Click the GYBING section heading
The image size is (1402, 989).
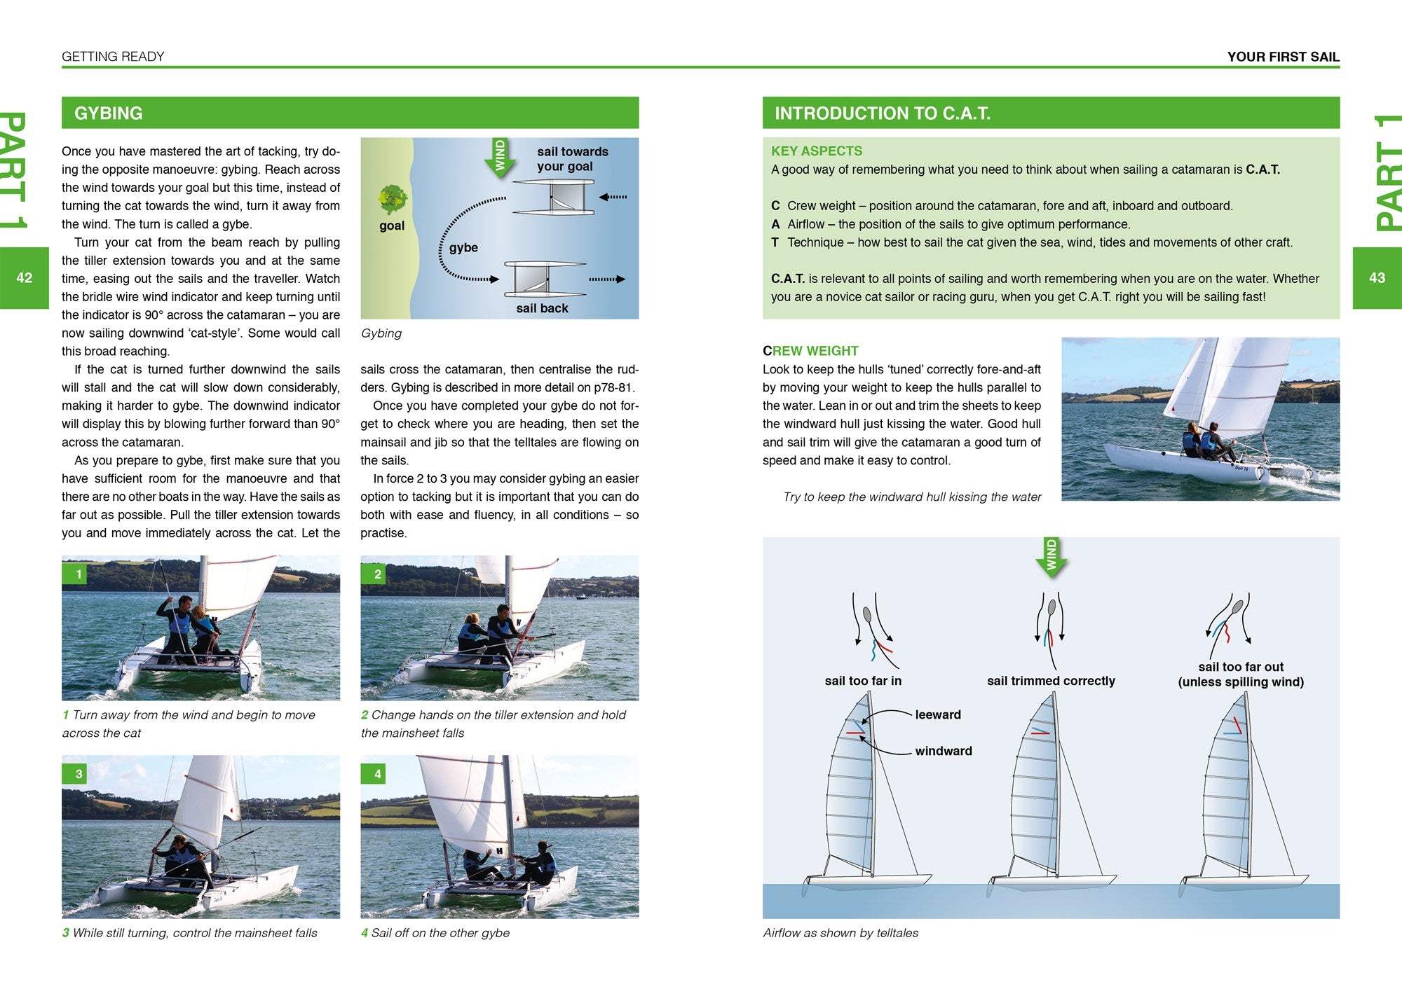(x=109, y=113)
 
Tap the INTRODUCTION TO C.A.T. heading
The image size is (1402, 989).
(x=882, y=113)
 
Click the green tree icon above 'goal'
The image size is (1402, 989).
(x=392, y=199)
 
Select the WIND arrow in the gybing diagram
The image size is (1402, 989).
(x=500, y=158)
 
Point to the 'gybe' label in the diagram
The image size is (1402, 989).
(x=463, y=248)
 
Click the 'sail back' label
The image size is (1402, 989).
(x=542, y=308)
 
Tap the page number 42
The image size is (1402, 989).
(x=25, y=278)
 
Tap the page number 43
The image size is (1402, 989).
(x=1377, y=278)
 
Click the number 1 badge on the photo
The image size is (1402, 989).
(x=79, y=574)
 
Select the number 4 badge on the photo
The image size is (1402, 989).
(x=377, y=774)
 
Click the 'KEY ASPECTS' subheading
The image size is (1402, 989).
(x=817, y=151)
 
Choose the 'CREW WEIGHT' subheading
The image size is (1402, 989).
(x=810, y=351)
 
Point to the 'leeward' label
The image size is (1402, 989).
(x=937, y=714)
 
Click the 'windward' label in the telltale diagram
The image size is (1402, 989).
(x=943, y=751)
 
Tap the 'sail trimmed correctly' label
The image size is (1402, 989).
(x=1050, y=681)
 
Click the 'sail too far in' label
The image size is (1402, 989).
(x=863, y=681)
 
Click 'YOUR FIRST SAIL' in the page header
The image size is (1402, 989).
(x=1283, y=57)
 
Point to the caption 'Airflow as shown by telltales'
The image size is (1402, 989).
(x=840, y=933)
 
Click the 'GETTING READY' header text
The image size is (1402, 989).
(x=113, y=57)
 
